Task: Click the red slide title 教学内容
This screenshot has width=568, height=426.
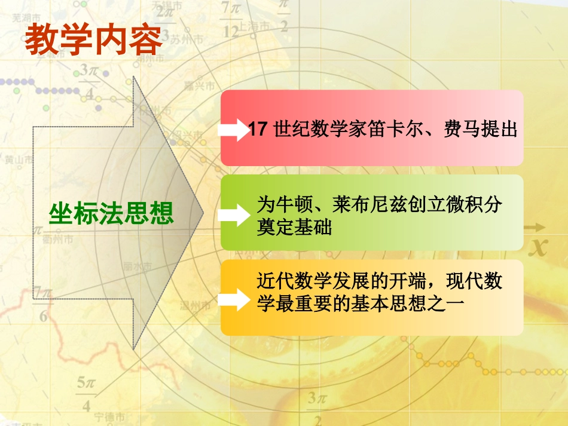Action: [93, 40]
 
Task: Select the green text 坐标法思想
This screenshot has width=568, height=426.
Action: [111, 213]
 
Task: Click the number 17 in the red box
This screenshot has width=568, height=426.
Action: [257, 129]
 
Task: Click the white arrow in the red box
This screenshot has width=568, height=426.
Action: [234, 129]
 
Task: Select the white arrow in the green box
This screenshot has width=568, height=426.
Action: [234, 214]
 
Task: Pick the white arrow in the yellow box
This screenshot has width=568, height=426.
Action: [234, 299]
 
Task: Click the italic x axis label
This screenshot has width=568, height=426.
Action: [540, 246]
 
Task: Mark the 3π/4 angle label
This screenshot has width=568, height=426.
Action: [91, 81]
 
